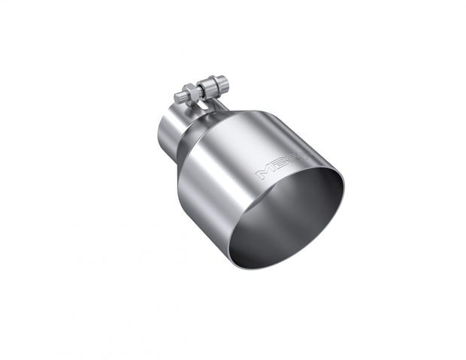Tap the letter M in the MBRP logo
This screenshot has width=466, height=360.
tap(264, 173)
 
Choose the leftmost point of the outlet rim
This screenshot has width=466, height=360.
tap(229, 241)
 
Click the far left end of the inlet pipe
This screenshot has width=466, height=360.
tap(159, 135)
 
